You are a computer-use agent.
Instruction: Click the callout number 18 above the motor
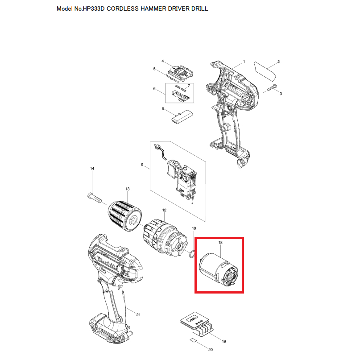[220, 242]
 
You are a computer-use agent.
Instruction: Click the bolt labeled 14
[95, 198]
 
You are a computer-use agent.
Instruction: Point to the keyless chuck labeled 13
[124, 216]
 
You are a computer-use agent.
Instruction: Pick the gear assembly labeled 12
[165, 239]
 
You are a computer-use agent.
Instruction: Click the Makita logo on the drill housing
[108, 264]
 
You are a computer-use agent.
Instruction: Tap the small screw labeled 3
[272, 88]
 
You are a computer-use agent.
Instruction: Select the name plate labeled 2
[265, 71]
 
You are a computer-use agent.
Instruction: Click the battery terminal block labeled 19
[198, 324]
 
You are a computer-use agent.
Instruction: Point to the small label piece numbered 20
[193, 340]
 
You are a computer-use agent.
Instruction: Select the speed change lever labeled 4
[181, 72]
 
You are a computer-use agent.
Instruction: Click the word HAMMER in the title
[153, 9]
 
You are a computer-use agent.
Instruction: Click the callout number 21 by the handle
[138, 314]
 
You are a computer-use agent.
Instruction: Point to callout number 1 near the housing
[244, 62]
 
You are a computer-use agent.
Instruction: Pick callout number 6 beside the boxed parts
[154, 89]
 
